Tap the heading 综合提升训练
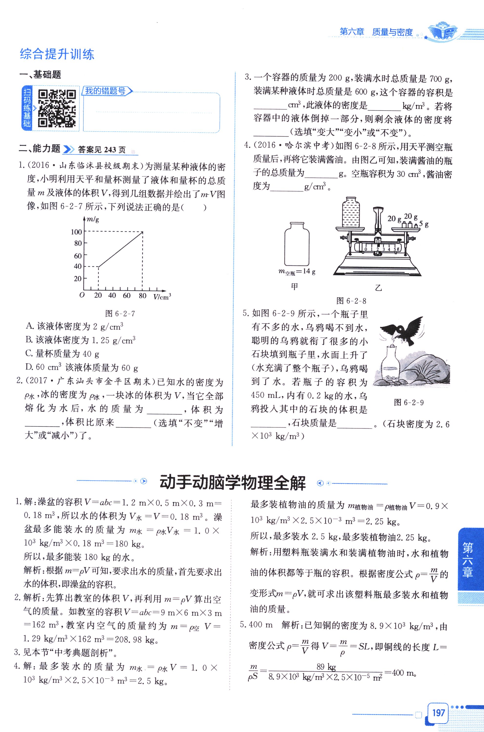click(x=57, y=54)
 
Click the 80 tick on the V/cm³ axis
click(x=142, y=296)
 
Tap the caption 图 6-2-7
click(x=120, y=314)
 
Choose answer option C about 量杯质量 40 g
click(x=62, y=353)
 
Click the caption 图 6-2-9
click(x=409, y=402)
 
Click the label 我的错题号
click(x=106, y=91)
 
